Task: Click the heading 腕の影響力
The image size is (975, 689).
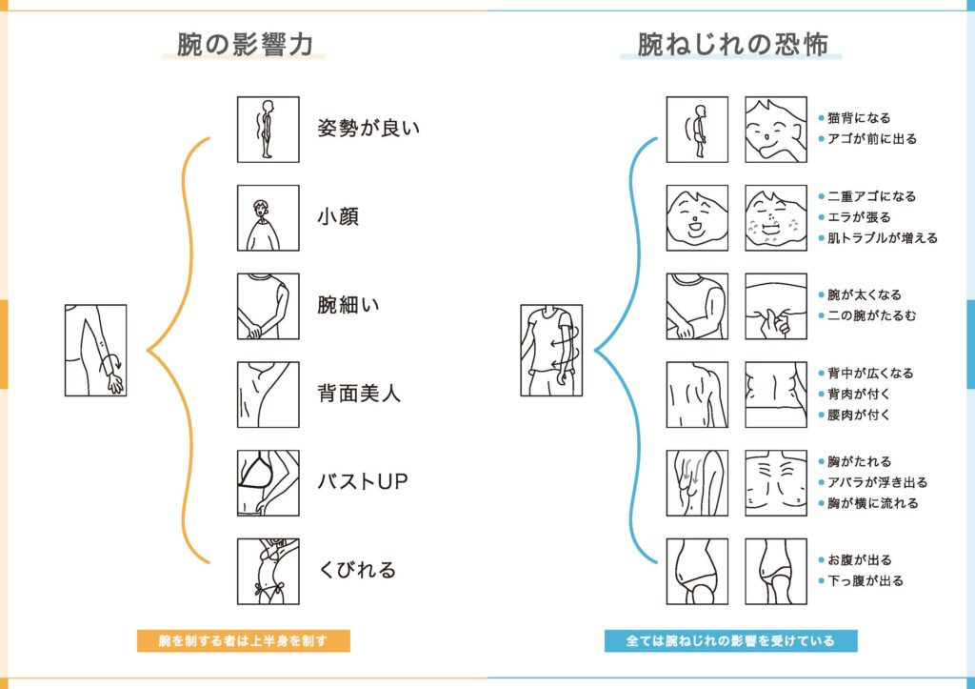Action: tap(245, 45)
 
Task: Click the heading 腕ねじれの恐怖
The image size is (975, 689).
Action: tap(732, 45)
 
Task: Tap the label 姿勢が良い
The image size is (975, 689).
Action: tap(368, 129)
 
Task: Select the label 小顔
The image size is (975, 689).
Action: tap(338, 216)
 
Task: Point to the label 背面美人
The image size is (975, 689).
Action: tap(359, 394)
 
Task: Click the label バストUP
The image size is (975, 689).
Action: tap(363, 482)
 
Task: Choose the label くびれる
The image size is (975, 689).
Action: tap(356, 570)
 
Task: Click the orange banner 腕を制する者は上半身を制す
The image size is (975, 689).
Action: tap(243, 641)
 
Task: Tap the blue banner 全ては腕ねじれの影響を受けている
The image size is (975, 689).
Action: tap(730, 641)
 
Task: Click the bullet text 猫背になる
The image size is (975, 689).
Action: tap(859, 117)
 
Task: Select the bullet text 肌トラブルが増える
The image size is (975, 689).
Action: tap(883, 237)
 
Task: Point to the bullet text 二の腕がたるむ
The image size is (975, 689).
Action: tap(872, 315)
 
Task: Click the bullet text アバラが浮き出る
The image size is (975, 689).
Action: tap(877, 482)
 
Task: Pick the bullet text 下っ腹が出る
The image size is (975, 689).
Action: tap(865, 580)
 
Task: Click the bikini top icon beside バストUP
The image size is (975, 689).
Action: tap(268, 483)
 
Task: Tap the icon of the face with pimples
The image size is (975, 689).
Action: tap(776, 218)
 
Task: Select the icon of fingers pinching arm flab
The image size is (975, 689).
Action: tap(776, 306)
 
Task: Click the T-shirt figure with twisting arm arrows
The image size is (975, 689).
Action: tap(551, 351)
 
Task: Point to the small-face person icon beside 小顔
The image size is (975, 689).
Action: tap(268, 218)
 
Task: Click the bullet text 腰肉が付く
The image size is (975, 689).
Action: tap(859, 415)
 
